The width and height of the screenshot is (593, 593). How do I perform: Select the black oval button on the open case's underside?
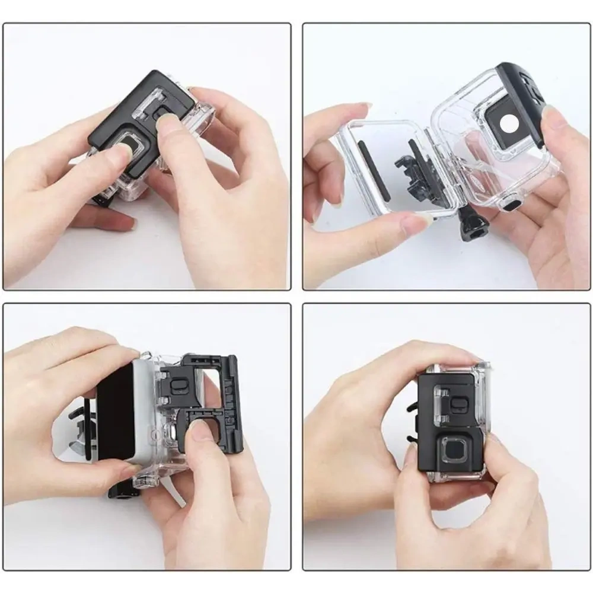[x=511, y=205]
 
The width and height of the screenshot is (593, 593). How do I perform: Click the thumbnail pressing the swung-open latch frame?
[x=200, y=429]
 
